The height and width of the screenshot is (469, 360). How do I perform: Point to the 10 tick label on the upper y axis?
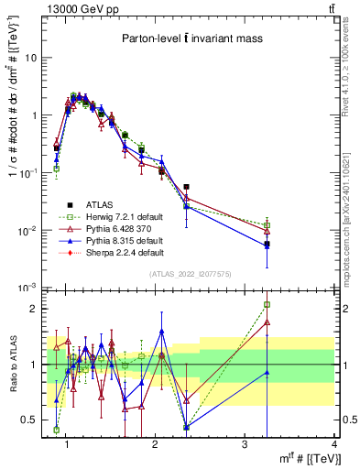31,58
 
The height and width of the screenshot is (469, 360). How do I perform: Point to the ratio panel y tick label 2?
32,309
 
